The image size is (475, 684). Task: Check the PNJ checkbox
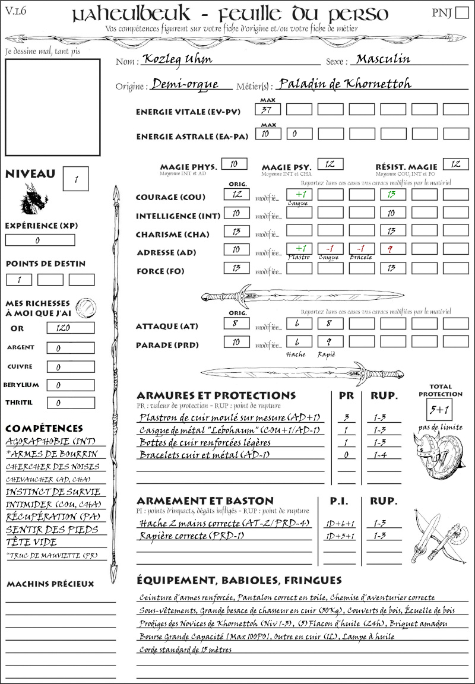click(x=461, y=13)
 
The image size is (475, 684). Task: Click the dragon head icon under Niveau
click(x=34, y=199)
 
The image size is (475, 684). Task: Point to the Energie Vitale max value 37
click(x=268, y=109)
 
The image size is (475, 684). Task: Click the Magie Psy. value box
click(x=330, y=164)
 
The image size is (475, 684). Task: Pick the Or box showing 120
click(x=70, y=328)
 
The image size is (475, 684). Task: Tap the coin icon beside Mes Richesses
click(x=85, y=307)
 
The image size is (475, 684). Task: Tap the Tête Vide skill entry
click(x=31, y=542)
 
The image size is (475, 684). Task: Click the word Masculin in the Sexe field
click(x=384, y=59)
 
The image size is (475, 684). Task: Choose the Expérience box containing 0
click(x=40, y=240)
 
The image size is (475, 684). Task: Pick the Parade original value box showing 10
click(x=236, y=342)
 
